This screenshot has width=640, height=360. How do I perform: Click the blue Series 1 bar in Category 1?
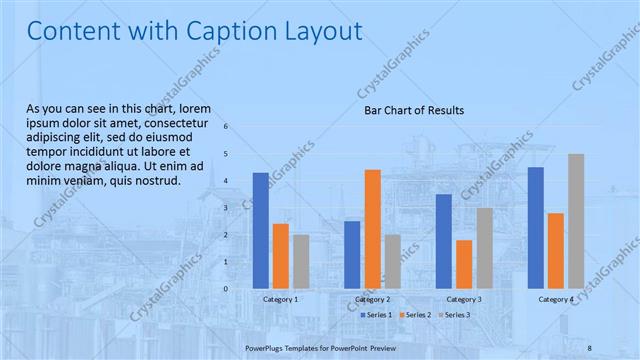click(x=261, y=230)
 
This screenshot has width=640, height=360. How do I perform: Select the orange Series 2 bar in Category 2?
click(x=372, y=228)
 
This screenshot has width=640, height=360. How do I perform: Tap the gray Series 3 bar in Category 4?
click(x=576, y=221)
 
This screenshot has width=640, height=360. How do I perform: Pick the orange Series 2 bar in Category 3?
click(x=464, y=263)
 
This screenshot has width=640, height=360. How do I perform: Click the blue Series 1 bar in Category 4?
click(x=536, y=227)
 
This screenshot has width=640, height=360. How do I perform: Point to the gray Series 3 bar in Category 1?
click(x=301, y=261)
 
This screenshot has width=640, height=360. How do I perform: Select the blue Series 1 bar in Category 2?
click(x=352, y=254)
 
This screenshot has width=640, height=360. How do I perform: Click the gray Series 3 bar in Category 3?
click(x=484, y=248)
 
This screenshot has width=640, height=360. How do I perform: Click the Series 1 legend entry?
click(x=376, y=315)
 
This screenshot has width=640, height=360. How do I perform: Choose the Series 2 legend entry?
click(x=414, y=315)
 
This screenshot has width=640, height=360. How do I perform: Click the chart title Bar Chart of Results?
click(x=413, y=110)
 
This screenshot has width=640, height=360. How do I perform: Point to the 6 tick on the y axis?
click(x=227, y=127)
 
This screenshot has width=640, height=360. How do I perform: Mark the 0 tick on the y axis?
click(x=227, y=289)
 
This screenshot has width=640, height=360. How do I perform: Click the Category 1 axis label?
click(x=280, y=299)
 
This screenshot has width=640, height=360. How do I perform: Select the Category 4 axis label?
click(x=556, y=299)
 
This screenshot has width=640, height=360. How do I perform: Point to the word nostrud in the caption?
click(x=157, y=181)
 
